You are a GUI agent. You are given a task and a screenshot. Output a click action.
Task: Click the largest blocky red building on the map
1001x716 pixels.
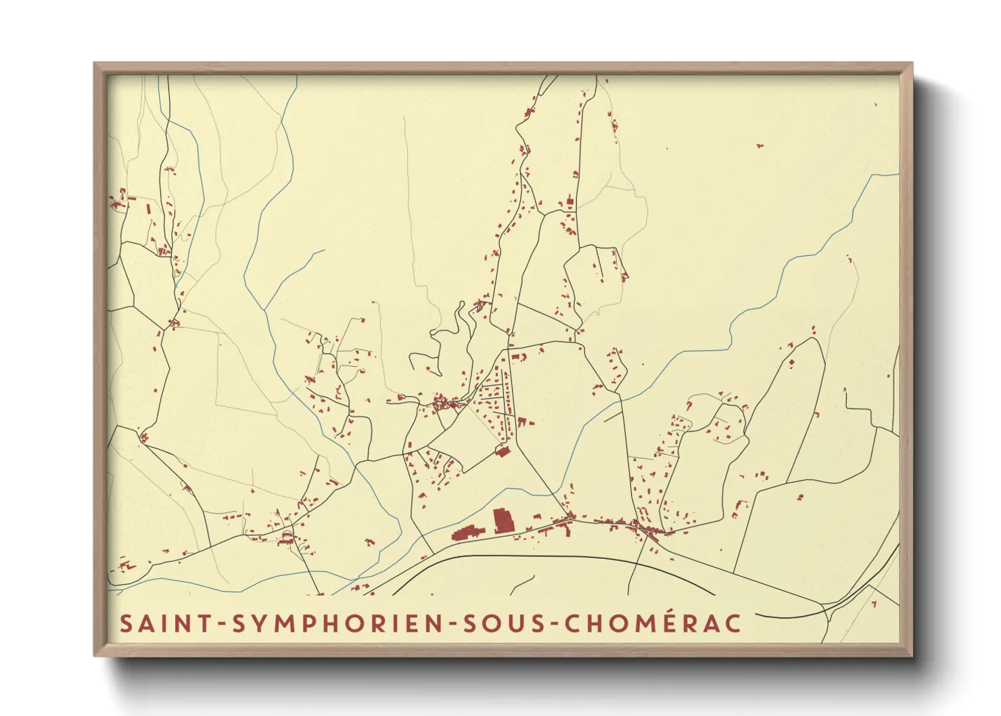click(503, 520)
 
